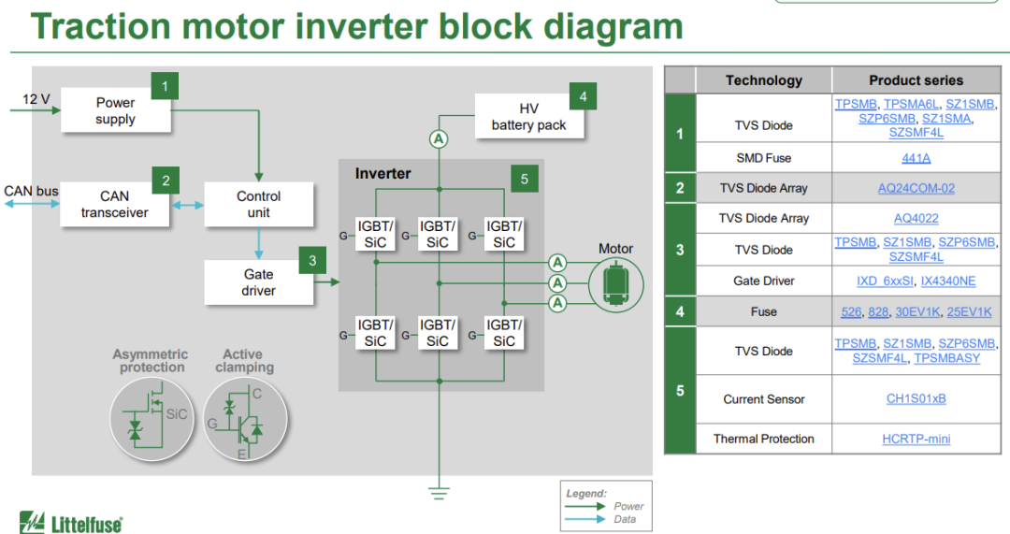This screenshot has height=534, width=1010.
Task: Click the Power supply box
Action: coord(116,111)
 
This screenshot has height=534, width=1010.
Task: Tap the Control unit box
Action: coord(258,204)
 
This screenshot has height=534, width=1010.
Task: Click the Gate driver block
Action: coord(258,282)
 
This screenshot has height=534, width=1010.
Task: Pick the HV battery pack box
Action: coord(528,117)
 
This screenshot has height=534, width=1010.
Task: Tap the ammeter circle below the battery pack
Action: coord(438,139)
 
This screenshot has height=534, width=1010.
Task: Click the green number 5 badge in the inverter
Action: coord(525,180)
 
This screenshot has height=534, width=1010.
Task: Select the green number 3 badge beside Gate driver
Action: coord(312,261)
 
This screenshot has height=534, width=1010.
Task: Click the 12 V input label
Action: coord(36,98)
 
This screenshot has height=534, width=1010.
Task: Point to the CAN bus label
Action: coord(31,191)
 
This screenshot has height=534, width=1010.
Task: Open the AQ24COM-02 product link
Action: coord(916,188)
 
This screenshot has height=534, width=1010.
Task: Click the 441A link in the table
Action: coord(916,158)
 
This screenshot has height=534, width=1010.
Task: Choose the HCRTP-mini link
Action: coord(916,439)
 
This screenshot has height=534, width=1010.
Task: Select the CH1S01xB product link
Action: coord(916,399)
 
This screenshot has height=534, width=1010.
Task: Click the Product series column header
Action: coord(916,80)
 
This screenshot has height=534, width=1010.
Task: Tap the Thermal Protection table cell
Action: coord(763,439)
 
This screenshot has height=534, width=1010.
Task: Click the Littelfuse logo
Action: coord(71,523)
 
